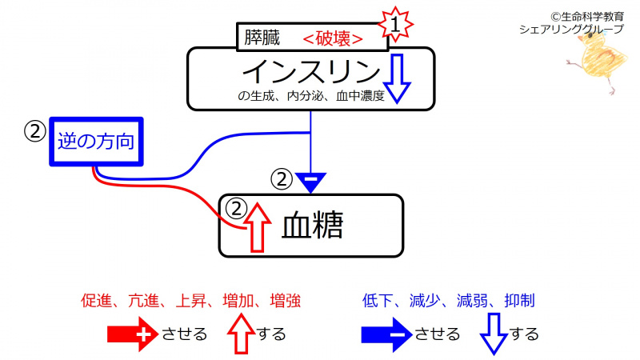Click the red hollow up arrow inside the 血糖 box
pyautogui.click(x=256, y=227)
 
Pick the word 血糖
pyautogui.click(x=312, y=227)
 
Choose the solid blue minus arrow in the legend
pyautogui.click(x=386, y=334)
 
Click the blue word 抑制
pyautogui.click(x=520, y=301)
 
